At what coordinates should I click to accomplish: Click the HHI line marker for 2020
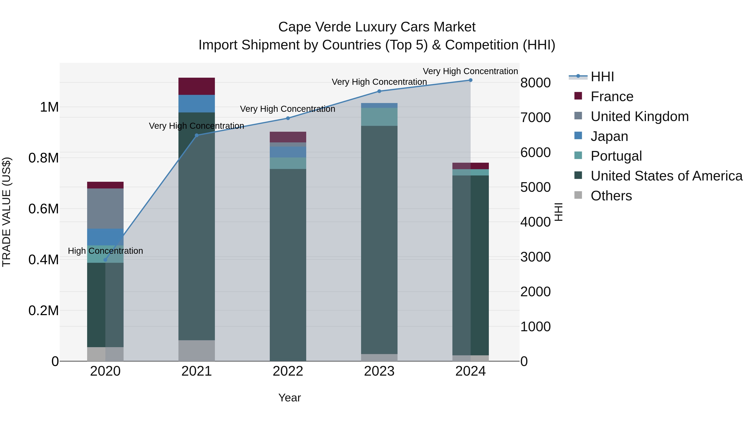105,260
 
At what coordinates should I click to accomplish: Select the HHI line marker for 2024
470,80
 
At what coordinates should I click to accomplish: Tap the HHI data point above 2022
288,118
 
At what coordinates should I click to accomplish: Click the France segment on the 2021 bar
196,86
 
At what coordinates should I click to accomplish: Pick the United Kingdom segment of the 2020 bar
105,208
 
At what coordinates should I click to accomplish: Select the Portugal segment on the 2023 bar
379,117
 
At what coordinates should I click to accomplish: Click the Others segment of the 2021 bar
196,350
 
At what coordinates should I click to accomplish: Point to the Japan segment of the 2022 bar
288,152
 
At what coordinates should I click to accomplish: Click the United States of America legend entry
666,176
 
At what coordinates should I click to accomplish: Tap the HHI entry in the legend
602,77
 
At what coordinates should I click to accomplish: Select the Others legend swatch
578,195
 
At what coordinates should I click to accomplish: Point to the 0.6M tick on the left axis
44,209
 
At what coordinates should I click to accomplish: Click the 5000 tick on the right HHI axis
535,187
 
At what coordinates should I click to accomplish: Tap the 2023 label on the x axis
379,371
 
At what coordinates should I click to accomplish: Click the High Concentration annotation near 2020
105,251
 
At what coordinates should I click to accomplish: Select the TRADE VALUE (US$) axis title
6,212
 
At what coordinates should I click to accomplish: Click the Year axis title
289,398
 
